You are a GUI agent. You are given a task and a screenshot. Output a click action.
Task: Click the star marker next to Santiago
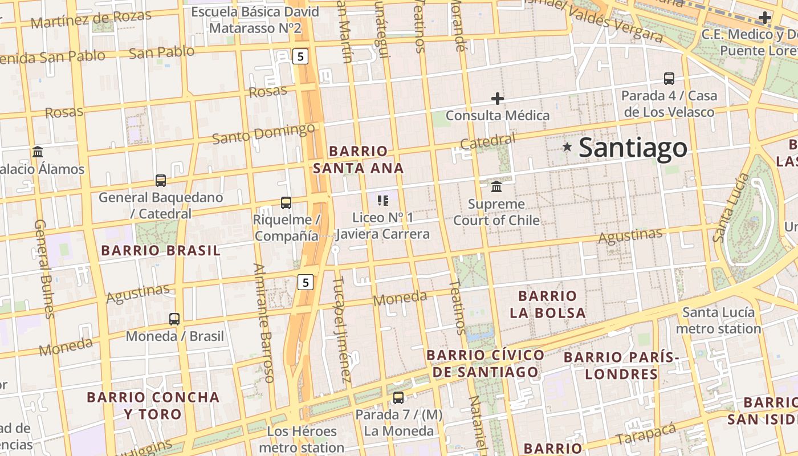pyautogui.click(x=567, y=147)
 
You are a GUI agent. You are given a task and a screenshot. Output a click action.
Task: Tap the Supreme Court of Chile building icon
pyautogui.click(x=496, y=187)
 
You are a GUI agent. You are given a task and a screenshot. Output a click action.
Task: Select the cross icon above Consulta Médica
pyautogui.click(x=498, y=99)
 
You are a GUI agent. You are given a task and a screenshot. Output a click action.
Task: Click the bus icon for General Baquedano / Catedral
pyautogui.click(x=161, y=181)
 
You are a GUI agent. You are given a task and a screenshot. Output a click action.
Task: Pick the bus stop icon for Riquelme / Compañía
pyautogui.click(x=286, y=202)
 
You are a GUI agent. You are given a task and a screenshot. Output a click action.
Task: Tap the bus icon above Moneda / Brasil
pyautogui.click(x=174, y=319)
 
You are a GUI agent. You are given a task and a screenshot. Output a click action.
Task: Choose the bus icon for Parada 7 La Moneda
pyautogui.click(x=398, y=398)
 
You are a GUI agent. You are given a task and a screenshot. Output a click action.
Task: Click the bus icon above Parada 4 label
pyautogui.click(x=669, y=79)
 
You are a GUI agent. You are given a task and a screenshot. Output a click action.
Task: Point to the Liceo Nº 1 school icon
pyautogui.click(x=383, y=200)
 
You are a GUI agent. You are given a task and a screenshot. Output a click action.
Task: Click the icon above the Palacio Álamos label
pyautogui.click(x=38, y=152)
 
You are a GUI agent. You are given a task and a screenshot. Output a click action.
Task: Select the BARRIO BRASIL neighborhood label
pyautogui.click(x=160, y=251)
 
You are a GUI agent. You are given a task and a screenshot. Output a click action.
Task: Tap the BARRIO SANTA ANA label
pyautogui.click(x=359, y=160)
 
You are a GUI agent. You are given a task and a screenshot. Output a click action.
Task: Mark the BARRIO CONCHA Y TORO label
pyautogui.click(x=153, y=405)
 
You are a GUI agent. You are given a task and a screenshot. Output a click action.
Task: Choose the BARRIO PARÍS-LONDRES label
pyautogui.click(x=621, y=365)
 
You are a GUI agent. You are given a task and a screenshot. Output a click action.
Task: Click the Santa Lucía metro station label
pyautogui.click(x=718, y=320)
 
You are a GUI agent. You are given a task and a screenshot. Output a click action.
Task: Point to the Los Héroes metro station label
pyautogui.click(x=302, y=439)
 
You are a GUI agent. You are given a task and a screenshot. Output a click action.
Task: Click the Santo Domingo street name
pyautogui.click(x=263, y=133)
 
